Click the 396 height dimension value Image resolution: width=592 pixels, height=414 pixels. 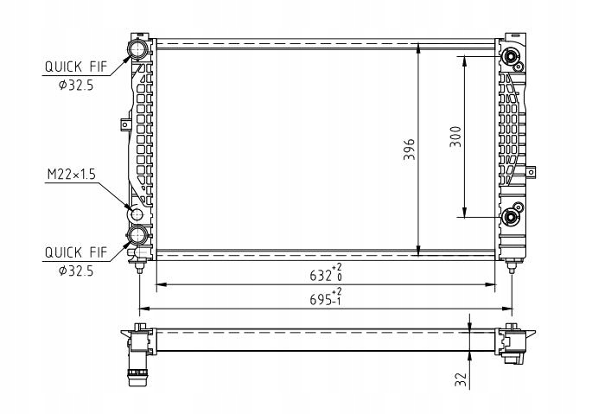tap(409, 150)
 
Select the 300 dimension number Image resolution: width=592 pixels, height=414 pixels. tap(455, 137)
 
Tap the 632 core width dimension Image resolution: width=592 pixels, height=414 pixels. tap(326, 273)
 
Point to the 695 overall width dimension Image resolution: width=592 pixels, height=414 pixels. tap(326, 297)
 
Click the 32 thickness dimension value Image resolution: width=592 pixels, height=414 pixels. tap(461, 379)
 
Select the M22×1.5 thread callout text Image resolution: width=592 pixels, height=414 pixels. tap(72, 175)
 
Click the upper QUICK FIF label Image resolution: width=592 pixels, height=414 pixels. tap(76, 67)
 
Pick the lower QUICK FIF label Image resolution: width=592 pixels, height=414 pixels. tap(76, 252)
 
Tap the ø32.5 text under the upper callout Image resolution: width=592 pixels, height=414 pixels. tap(76, 86)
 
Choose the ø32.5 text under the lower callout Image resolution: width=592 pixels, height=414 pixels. tap(76, 271)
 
